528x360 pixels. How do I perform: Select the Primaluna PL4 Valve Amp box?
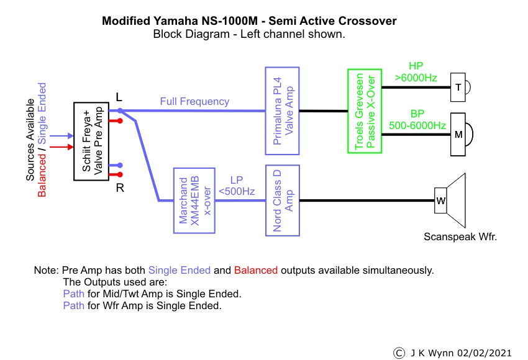point(282,112)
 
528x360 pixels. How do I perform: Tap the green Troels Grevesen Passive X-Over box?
point(364,111)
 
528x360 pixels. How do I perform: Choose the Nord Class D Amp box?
point(282,199)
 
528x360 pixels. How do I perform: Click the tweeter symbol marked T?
point(458,88)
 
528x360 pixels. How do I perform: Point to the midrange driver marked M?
point(458,133)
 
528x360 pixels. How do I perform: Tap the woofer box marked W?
point(440,200)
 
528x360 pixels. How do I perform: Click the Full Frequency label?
point(194,101)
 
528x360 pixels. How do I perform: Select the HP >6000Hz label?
point(416,72)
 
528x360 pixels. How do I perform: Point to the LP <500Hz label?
point(237,186)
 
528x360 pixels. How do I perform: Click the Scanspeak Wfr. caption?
point(460,236)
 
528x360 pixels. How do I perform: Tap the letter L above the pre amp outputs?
point(119,97)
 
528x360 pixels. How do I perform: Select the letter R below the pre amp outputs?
point(120,187)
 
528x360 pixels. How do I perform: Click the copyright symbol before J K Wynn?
point(399,352)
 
